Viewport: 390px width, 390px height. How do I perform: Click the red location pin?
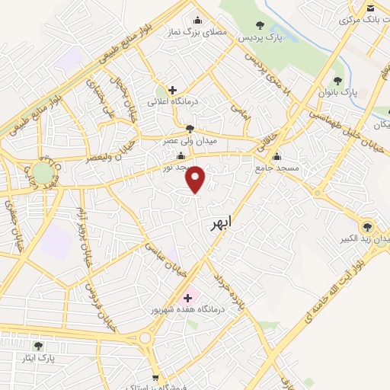[x=197, y=180]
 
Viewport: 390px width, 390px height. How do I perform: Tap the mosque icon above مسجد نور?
[x=181, y=155]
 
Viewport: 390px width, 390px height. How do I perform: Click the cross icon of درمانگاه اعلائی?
[x=173, y=90]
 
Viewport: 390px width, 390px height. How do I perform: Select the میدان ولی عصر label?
[x=189, y=142]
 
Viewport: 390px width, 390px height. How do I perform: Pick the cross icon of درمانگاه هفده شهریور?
[x=187, y=297]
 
